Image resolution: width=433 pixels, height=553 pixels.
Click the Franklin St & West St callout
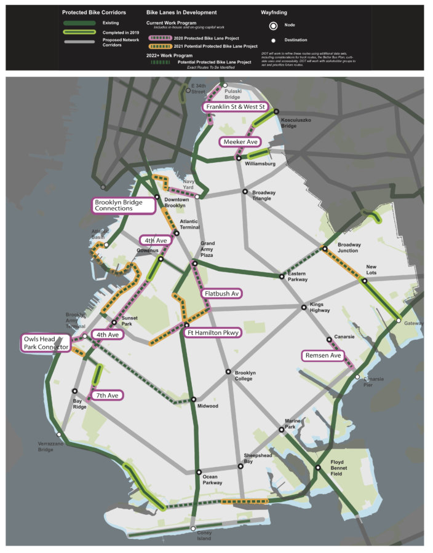coord(236,107)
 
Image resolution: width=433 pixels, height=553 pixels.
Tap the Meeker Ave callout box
coord(239,142)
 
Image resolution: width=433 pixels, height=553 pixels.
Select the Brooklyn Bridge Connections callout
coord(123,205)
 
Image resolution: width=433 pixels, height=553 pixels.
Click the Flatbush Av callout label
coord(221,294)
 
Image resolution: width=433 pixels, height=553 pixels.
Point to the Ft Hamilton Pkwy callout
coord(212,332)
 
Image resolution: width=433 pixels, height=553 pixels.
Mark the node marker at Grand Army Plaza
coord(195,264)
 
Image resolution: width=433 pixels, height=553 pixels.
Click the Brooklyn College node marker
coord(228,372)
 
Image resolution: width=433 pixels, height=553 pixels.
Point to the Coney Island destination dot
coord(193,529)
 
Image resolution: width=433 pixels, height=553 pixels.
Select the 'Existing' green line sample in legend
coord(80,23)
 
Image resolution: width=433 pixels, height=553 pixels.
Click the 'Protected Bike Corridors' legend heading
coord(93,12)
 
